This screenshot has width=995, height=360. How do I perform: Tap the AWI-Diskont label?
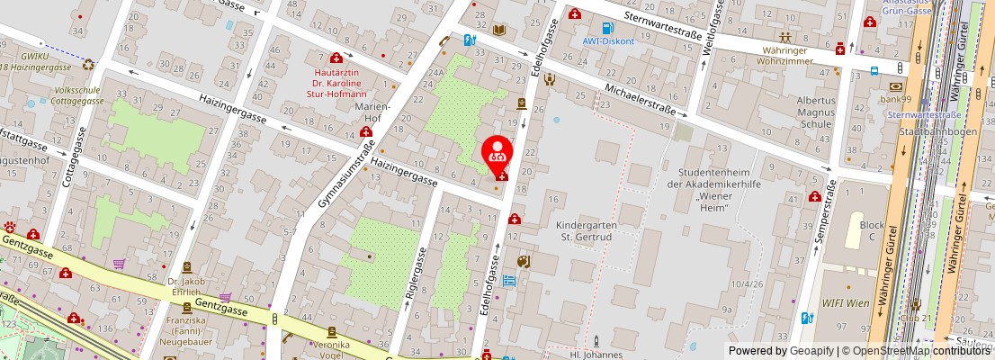(608, 40)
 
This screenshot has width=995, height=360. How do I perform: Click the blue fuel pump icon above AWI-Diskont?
(608, 27)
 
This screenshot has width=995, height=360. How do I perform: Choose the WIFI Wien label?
(846, 303)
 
